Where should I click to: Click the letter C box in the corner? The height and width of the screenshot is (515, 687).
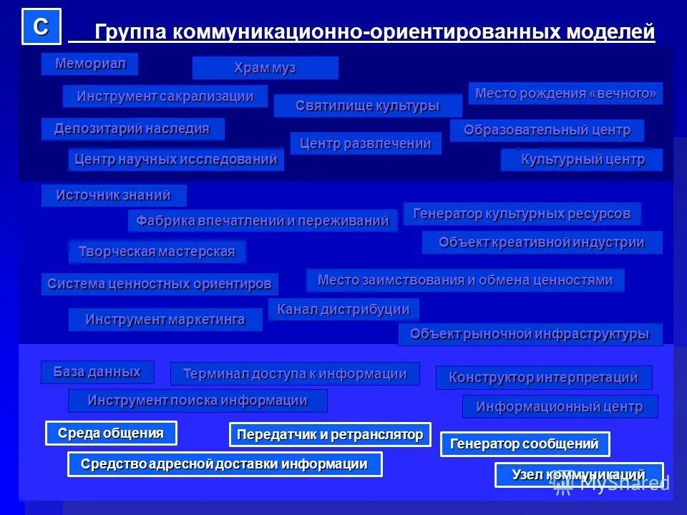pos(42,26)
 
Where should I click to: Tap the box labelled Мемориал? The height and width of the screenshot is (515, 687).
pos(89,64)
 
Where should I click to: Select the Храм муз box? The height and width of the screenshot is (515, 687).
pos(265,68)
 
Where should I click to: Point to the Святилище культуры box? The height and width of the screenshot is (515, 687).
pos(367,106)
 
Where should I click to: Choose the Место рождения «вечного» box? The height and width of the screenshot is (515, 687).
pos(565,93)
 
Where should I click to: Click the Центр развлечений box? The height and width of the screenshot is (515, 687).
pos(366,143)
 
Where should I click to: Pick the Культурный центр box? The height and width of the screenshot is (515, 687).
pos(581,160)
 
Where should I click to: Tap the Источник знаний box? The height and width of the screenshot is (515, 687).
pos(114,195)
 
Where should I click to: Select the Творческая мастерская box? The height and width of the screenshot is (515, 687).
pos(157,251)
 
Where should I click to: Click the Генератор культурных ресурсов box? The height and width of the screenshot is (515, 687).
pos(522,213)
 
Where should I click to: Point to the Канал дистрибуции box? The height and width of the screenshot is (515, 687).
pos(343,309)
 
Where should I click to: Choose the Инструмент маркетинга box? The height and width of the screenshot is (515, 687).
pos(165,319)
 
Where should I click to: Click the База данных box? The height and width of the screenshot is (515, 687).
pos(97,372)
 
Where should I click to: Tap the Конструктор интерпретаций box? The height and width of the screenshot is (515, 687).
pos(544,377)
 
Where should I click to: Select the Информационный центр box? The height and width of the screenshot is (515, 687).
pos(560,406)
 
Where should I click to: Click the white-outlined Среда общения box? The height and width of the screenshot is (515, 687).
pos(111,433)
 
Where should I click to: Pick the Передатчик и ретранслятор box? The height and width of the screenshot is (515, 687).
pos(330,434)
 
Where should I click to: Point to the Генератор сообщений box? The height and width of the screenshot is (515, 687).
pos(525,443)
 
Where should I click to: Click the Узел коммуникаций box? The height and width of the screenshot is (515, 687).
pos(578,474)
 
